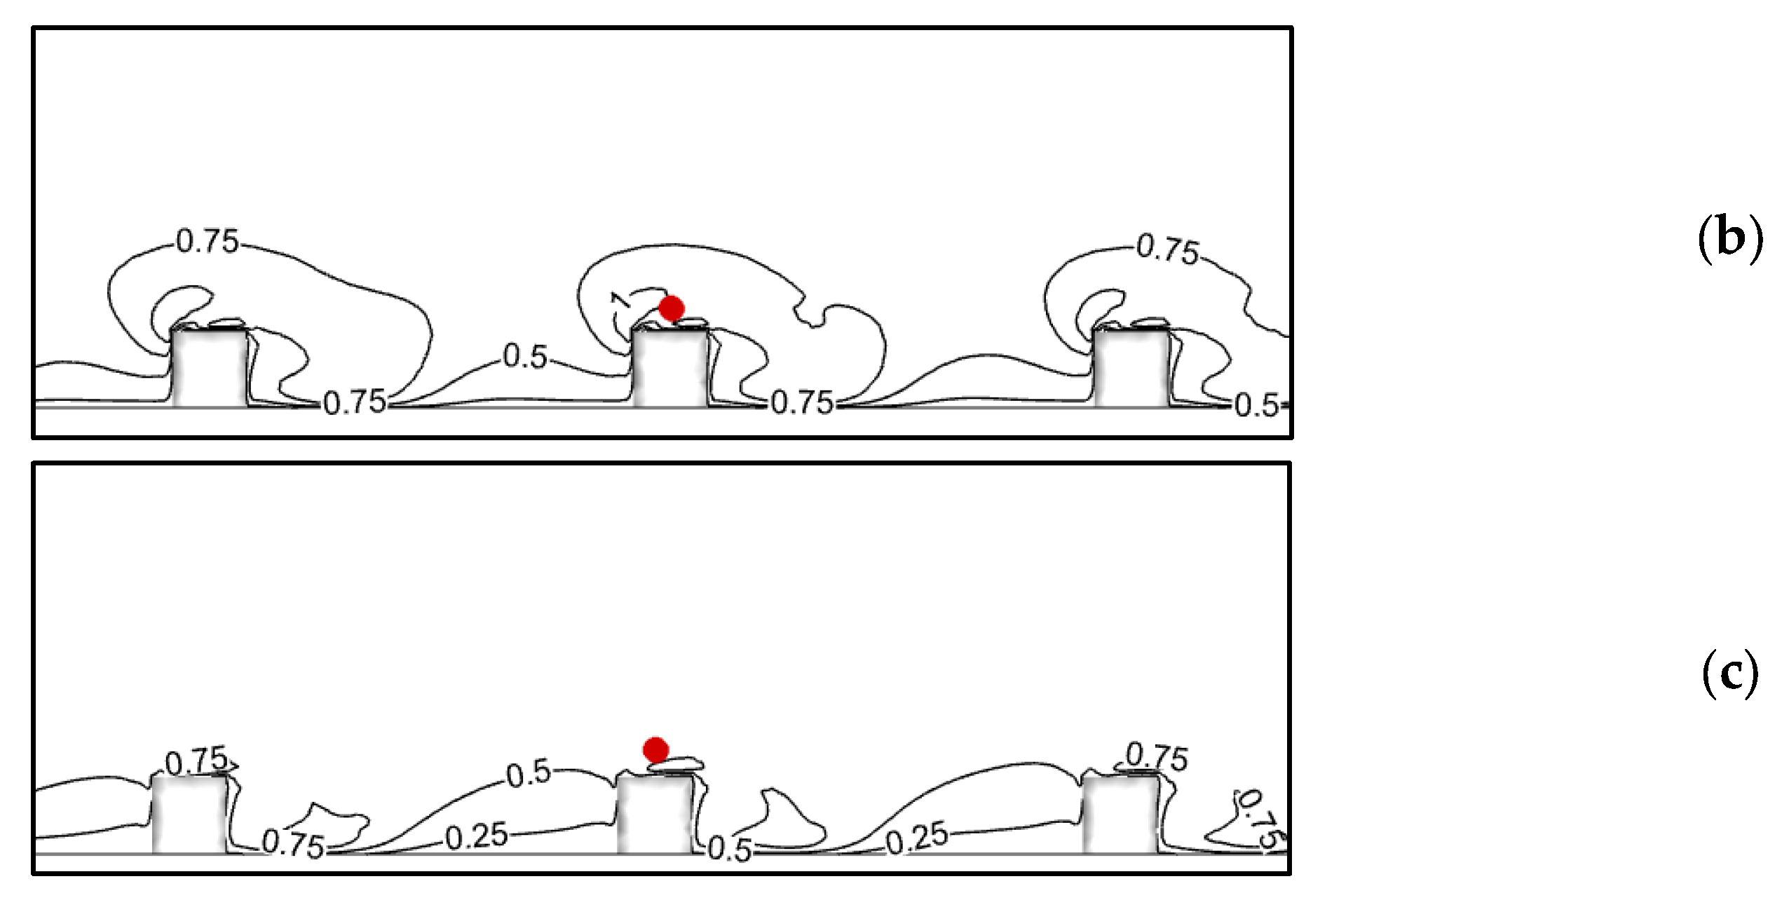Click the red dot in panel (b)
coord(672,308)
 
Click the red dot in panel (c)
coord(655,749)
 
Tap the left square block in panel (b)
coord(209,368)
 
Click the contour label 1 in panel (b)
coord(620,299)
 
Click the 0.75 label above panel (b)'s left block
coord(208,242)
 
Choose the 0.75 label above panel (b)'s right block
coord(1167,249)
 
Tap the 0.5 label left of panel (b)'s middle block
coord(525,357)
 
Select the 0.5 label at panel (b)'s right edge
coord(1256,406)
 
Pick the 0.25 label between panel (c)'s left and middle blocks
coord(477,836)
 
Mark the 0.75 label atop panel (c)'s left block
coord(196,761)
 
